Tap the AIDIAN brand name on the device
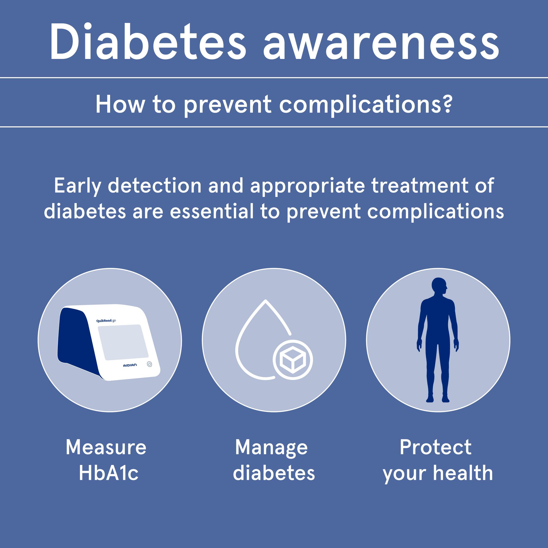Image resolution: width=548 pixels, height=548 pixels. (x=130, y=365)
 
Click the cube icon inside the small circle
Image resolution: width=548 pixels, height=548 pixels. (x=293, y=360)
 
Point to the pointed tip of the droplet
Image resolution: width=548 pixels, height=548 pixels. (x=265, y=301)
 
